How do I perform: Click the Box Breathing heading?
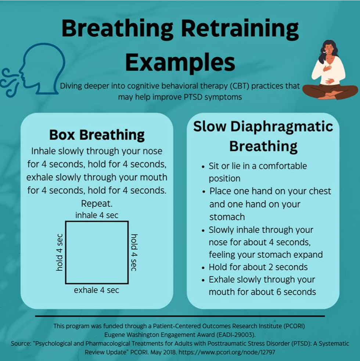97,135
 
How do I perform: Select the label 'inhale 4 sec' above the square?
97,215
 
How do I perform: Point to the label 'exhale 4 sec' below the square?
97,290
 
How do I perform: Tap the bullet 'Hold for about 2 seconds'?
258,267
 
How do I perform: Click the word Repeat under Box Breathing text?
97,203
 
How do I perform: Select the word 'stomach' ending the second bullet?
227,217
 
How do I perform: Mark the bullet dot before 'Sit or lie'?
203,167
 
